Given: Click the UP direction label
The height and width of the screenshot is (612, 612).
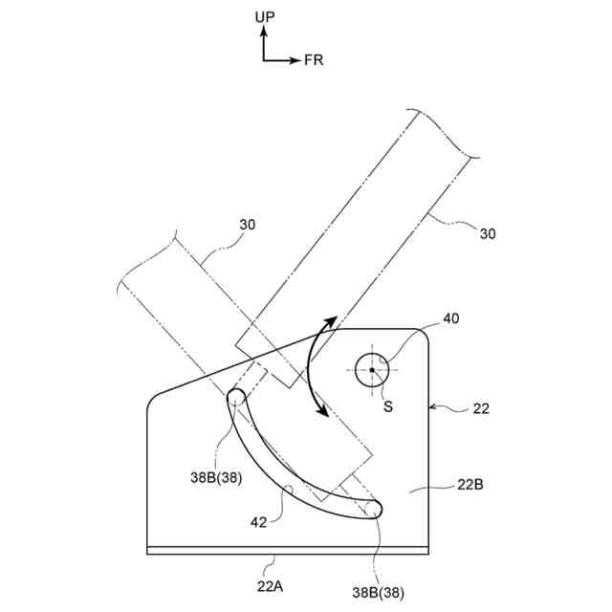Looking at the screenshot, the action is (x=265, y=18).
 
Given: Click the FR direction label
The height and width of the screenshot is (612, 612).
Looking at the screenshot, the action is (x=314, y=60).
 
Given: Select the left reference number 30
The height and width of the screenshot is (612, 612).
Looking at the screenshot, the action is (x=248, y=225).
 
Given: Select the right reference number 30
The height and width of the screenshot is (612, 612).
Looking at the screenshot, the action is (x=487, y=232).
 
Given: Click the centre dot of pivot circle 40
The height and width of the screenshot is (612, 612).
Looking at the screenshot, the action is (x=372, y=370).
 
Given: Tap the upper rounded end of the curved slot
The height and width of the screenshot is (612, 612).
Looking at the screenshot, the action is (x=234, y=397).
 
